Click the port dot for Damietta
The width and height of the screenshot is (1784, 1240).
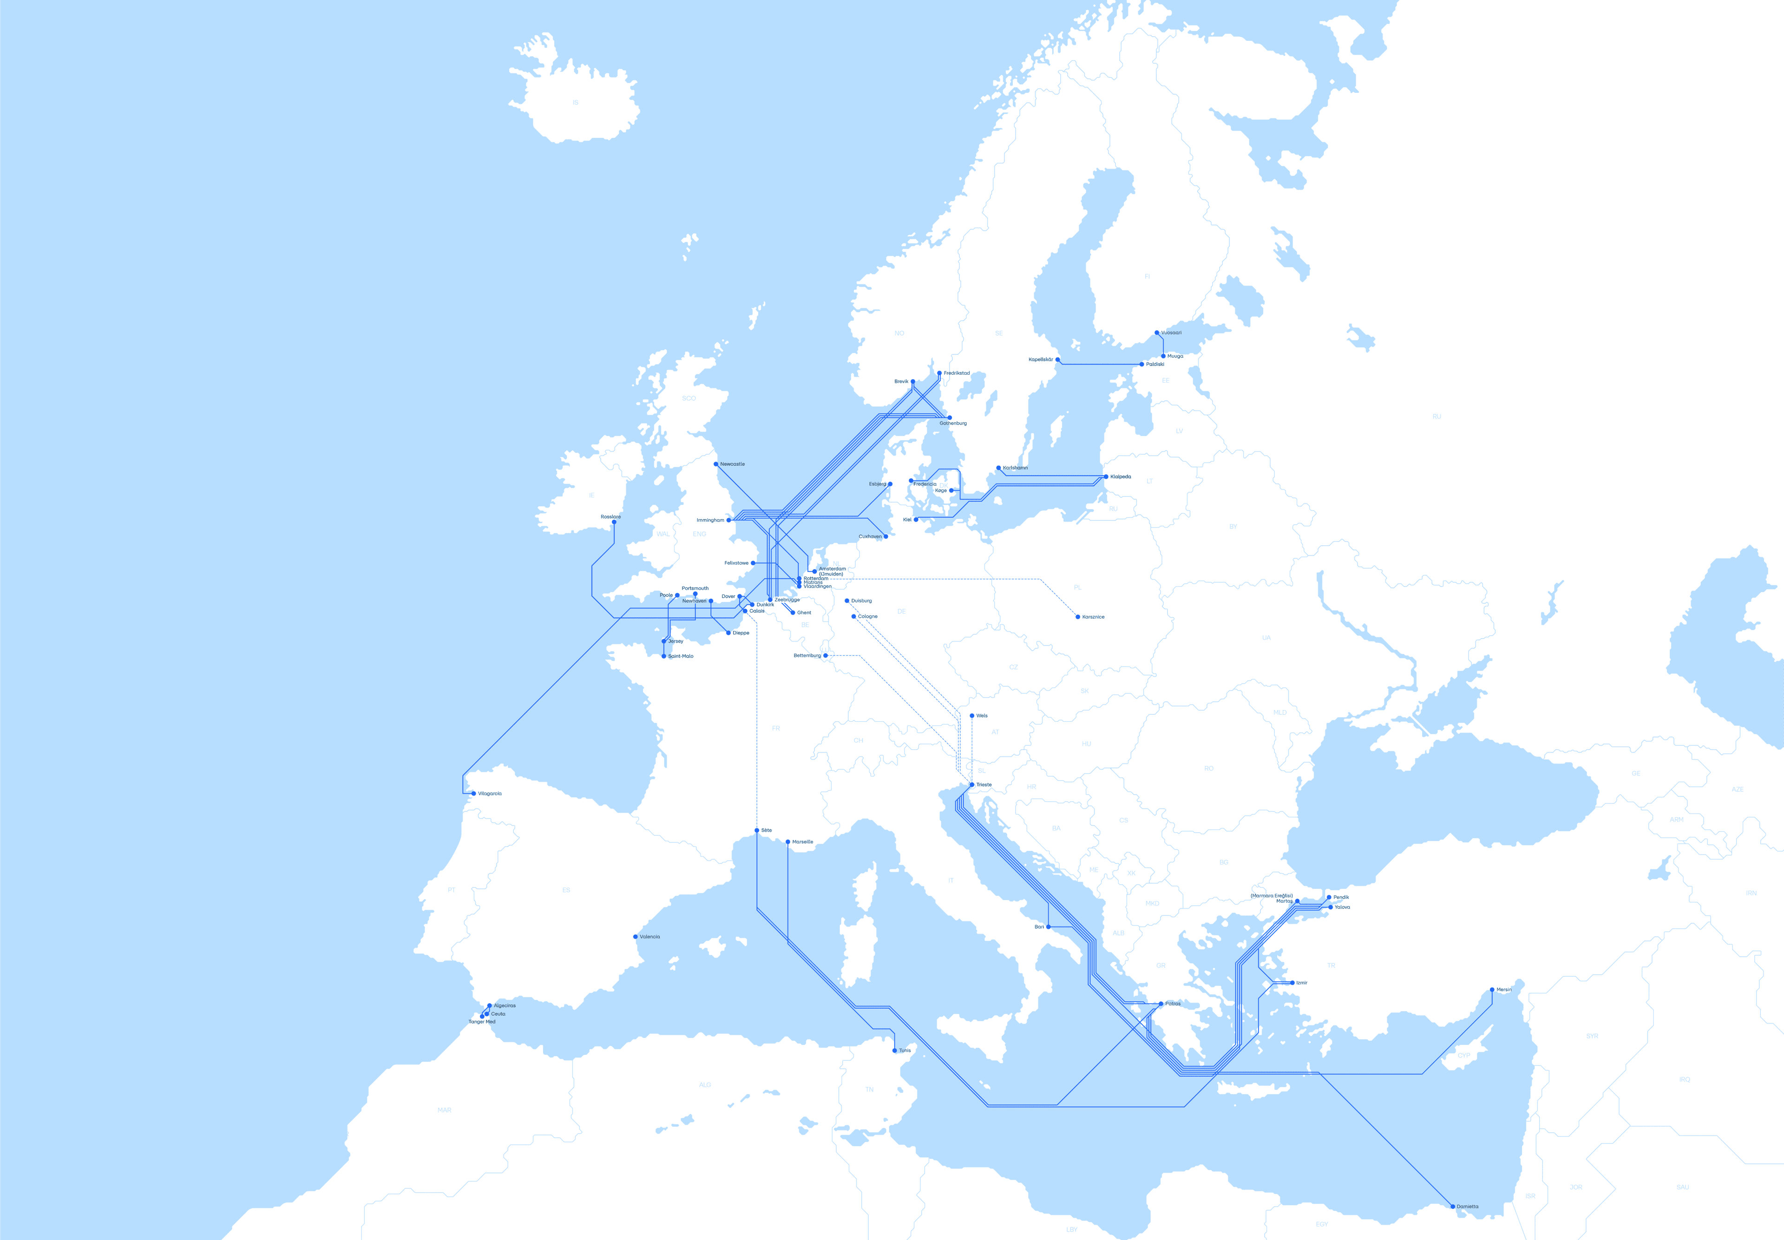tap(1452, 1207)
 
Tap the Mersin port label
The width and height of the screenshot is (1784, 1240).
tap(1503, 990)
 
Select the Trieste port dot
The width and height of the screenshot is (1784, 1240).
tap(972, 785)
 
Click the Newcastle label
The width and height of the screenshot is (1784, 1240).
tap(732, 464)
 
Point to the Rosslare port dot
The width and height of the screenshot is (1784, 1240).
tap(614, 522)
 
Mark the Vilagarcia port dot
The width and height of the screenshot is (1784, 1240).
tap(474, 793)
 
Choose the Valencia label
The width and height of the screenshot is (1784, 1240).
tap(649, 937)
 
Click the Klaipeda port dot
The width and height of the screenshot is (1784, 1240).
tap(1106, 477)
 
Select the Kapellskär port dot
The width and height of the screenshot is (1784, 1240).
tap(1057, 360)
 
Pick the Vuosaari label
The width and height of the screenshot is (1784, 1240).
tap(1171, 333)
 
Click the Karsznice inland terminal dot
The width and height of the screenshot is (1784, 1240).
tap(1078, 617)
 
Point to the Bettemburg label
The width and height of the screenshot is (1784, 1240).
tap(807, 656)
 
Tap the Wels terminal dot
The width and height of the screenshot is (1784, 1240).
tap(972, 716)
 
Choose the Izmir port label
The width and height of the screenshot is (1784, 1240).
tap(1301, 983)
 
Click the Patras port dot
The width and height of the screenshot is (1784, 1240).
tap(1161, 1004)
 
